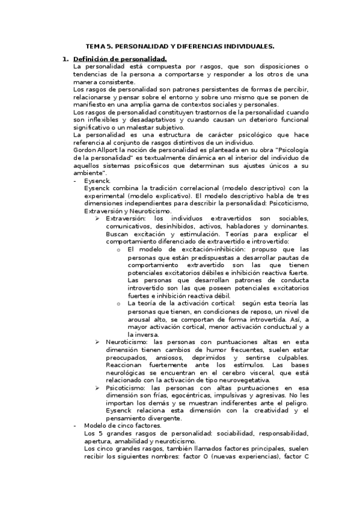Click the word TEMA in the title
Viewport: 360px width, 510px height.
click(x=97, y=46)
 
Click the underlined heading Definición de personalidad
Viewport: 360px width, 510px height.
click(x=120, y=59)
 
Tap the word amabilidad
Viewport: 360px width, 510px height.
click(x=135, y=441)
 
